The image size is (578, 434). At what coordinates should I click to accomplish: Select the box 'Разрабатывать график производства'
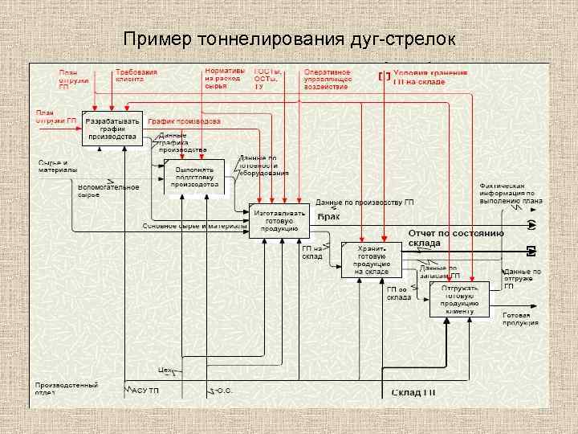click(112, 129)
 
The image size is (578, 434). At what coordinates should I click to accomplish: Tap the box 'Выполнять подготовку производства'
click(195, 177)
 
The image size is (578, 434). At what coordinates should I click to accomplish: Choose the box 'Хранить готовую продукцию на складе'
click(372, 260)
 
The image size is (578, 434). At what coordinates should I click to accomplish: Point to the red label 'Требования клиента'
click(136, 76)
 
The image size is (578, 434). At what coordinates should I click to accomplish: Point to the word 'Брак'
click(328, 216)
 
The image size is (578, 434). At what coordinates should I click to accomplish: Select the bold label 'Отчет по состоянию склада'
click(455, 237)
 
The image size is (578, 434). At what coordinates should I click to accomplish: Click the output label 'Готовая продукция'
click(520, 318)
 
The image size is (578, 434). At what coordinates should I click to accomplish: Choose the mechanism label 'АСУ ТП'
click(145, 391)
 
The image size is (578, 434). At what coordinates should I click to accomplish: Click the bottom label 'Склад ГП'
click(413, 392)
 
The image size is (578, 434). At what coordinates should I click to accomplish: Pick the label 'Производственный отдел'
click(66, 389)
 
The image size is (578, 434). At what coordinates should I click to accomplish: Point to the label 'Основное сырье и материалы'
click(195, 226)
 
